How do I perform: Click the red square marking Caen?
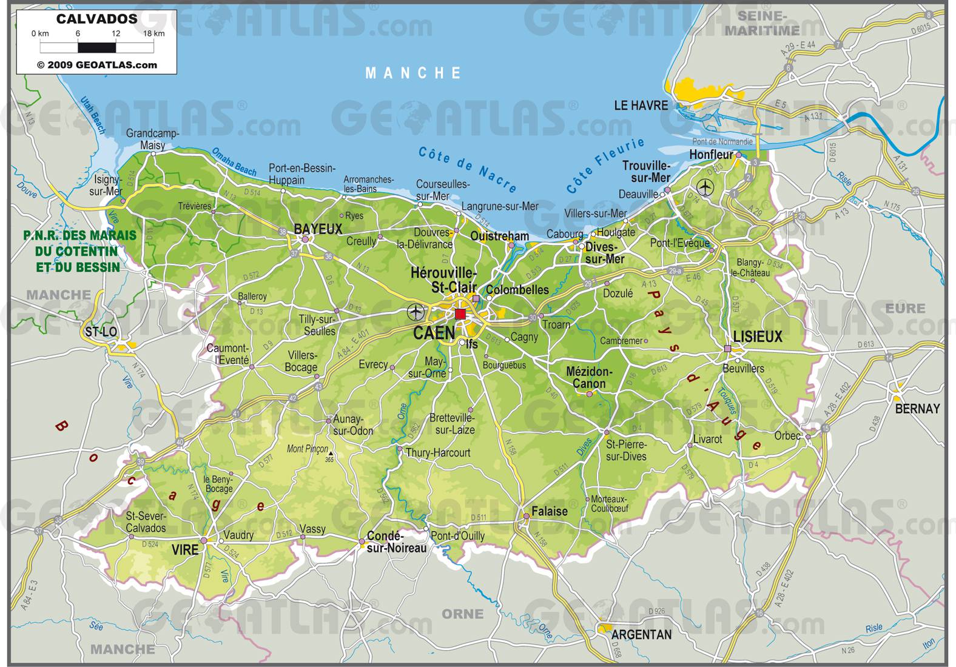460,313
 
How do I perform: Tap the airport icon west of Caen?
416,312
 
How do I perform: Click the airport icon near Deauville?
705,187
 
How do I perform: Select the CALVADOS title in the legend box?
97,19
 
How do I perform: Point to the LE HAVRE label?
641,106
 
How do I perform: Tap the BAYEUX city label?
318,229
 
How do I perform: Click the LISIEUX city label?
758,337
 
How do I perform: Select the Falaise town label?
550,511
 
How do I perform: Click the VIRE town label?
185,549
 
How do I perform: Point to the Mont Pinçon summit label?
307,449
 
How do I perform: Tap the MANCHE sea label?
414,73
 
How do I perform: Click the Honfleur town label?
711,155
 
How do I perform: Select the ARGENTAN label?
642,635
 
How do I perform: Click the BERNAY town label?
917,409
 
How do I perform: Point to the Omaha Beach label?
234,161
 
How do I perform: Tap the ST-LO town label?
101,332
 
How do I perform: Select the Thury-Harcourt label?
438,453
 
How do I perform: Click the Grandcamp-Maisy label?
152,139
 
